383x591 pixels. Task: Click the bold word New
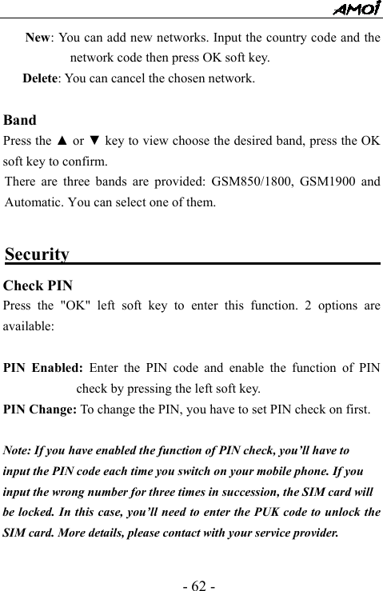(x=39, y=38)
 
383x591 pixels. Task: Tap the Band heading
(x=20, y=121)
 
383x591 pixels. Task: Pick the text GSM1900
(x=326, y=182)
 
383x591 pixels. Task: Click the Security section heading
(x=37, y=254)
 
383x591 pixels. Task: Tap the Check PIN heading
(x=38, y=286)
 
